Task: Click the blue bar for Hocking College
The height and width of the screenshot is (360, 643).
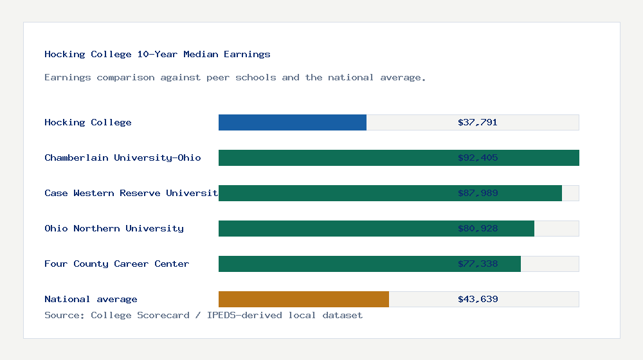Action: [x=293, y=122]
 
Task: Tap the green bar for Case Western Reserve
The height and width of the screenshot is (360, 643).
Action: [x=334, y=193]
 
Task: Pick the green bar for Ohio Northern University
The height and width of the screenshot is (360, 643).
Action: [x=334, y=228]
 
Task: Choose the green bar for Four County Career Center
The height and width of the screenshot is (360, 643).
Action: [x=334, y=264]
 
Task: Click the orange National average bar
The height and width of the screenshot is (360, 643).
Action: [x=303, y=299]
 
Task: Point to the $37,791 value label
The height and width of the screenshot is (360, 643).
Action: [x=478, y=122]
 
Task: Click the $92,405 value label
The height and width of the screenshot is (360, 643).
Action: [x=478, y=157]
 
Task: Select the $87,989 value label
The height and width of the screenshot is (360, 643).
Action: [x=478, y=193]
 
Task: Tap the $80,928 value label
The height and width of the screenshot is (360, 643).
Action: [x=478, y=228]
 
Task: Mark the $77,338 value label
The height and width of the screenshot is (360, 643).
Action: [x=478, y=264]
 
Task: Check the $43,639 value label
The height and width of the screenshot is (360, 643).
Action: [x=478, y=299]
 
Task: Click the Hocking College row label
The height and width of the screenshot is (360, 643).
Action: [x=88, y=122]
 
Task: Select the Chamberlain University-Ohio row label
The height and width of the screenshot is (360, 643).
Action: [x=123, y=157]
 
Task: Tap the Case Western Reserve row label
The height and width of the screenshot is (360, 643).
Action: [x=131, y=193]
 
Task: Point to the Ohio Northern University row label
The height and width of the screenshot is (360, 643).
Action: [x=114, y=228]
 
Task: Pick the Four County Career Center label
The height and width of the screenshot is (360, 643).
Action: [x=117, y=264]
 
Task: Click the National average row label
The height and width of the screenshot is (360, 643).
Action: [x=91, y=299]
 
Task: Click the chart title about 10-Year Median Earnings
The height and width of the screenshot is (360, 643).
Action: [x=158, y=54]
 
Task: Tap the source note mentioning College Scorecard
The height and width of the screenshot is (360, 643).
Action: [x=203, y=315]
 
